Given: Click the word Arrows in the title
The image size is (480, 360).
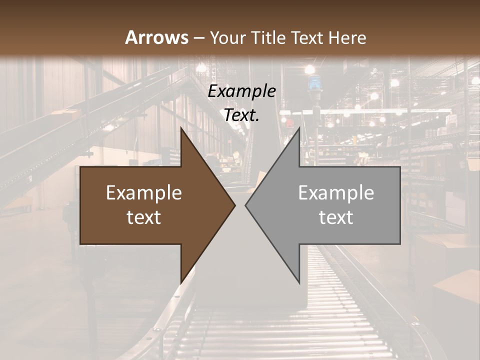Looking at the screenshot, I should (x=156, y=37).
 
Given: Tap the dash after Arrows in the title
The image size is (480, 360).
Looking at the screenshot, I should (x=198, y=38).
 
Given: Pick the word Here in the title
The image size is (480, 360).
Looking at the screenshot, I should (x=348, y=38).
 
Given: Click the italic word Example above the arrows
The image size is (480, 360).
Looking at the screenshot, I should (x=242, y=91).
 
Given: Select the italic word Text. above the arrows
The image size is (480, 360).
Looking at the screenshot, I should (x=242, y=115).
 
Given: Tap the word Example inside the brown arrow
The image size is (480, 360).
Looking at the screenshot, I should (x=144, y=192).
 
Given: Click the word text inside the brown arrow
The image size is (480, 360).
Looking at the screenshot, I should (x=144, y=217).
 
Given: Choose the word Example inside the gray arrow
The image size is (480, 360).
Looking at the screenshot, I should (x=336, y=192).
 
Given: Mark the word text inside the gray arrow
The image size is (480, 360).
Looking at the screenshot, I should (x=336, y=217).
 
